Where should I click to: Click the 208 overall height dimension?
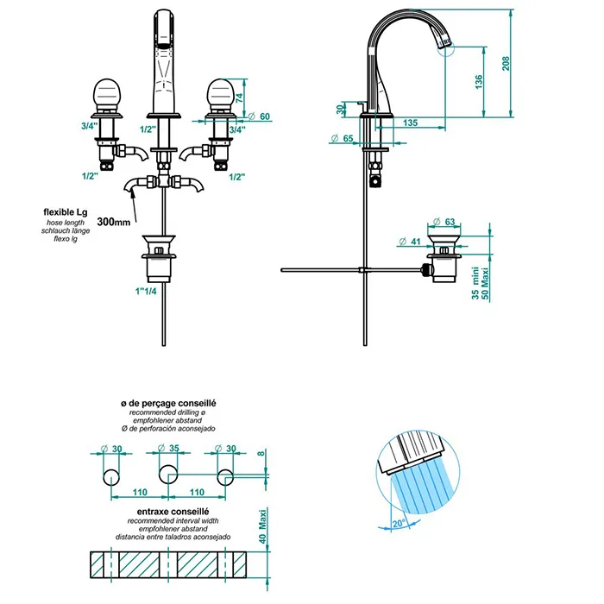tap(506, 64)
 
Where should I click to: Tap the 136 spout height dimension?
tap(479, 82)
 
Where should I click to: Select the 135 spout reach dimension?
tap(410, 123)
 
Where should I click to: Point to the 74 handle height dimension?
tap(240, 98)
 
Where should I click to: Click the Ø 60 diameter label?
tap(259, 116)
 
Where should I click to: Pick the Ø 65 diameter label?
tap(342, 138)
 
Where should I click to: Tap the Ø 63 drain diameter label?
tap(444, 222)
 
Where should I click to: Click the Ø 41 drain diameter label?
tap(410, 242)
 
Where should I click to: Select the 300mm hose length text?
tap(114, 222)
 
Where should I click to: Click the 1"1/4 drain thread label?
tap(146, 292)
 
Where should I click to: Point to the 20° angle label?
tap(399, 524)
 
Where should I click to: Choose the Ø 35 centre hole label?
tap(169, 449)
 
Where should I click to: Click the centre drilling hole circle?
tap(168, 474)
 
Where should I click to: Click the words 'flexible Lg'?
tap(66, 212)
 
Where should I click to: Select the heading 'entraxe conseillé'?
tap(173, 512)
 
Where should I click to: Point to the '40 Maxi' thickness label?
tap(262, 526)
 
